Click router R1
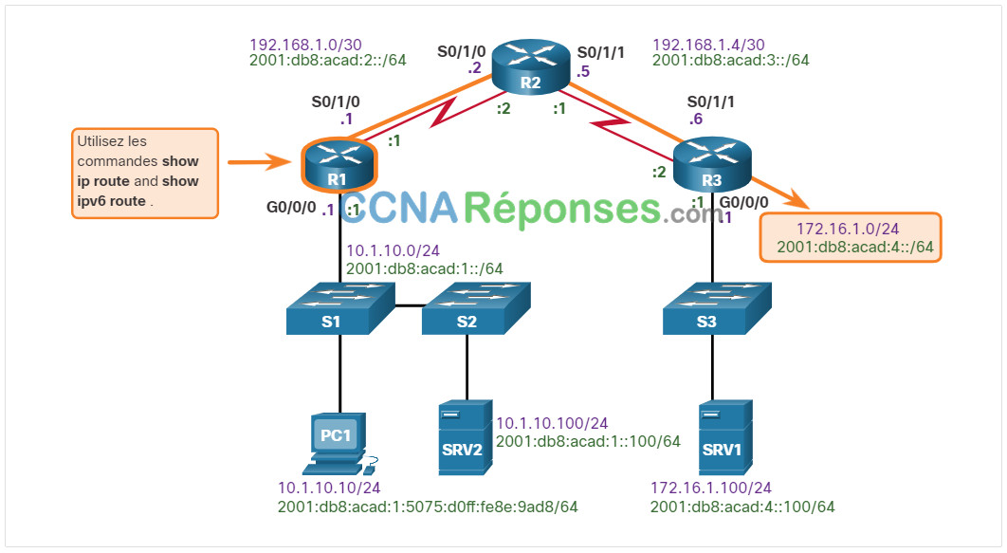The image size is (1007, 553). click(x=339, y=164)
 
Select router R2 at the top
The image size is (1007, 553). click(x=530, y=66)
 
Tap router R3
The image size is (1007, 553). click(x=711, y=164)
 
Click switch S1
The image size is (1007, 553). click(x=340, y=308)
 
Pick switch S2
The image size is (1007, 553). click(x=476, y=308)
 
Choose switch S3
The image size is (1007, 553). click(x=717, y=308)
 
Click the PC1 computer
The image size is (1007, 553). click(x=339, y=444)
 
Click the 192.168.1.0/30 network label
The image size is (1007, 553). click(x=305, y=45)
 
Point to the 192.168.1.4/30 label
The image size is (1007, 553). click(x=708, y=45)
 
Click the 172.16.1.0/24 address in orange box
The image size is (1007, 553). click(x=848, y=229)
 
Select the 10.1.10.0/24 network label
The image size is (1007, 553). click(x=394, y=250)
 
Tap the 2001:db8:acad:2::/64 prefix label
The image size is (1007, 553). click(x=327, y=61)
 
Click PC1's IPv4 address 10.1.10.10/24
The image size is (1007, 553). click(x=329, y=488)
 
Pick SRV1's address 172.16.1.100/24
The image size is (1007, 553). click(x=711, y=488)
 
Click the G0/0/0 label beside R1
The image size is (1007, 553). click(x=291, y=207)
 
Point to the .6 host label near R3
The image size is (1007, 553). click(x=696, y=119)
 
